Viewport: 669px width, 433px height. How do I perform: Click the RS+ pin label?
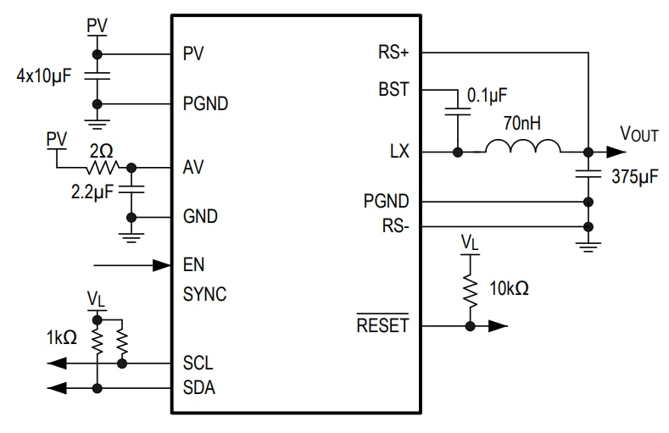pos(393,53)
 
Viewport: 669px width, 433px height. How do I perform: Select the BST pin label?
pos(393,89)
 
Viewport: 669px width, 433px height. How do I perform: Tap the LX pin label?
pos(399,153)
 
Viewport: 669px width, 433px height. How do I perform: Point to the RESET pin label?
pos(382,325)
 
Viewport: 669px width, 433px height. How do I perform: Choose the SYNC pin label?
pos(204,295)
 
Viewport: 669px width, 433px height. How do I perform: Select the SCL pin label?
pos(198,364)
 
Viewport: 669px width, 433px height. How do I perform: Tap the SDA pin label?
pos(198,389)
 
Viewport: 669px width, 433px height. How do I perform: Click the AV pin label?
pos(193,167)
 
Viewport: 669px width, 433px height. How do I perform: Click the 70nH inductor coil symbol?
pos(522,149)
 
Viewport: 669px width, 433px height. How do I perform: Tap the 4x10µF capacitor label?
pos(43,75)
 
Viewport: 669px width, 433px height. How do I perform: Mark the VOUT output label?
pos(639,135)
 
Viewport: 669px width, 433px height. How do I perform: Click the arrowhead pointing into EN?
pos(162,265)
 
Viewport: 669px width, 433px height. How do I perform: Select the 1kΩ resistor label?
pos(61,337)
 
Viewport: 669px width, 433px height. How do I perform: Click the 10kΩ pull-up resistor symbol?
pos(468,289)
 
